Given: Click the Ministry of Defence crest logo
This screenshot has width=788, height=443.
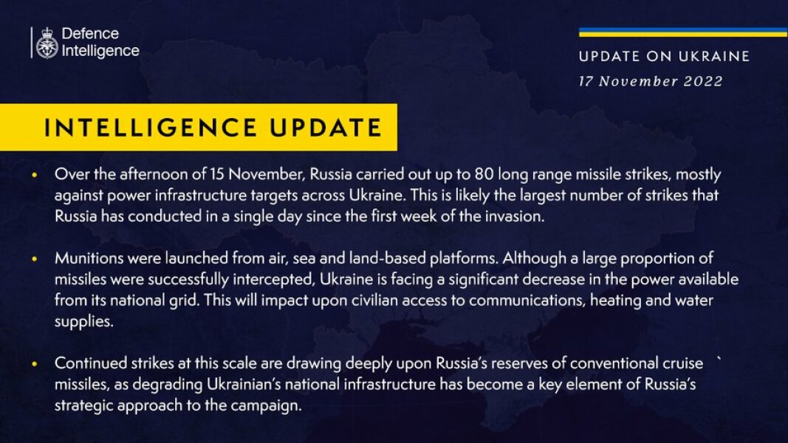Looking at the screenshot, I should pos(46,43).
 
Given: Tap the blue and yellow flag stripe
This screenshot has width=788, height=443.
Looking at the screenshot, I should pos(682,32).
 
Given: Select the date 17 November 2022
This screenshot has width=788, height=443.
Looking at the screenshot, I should pos(651,81).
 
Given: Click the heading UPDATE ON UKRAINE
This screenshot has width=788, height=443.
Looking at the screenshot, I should pos(664,57).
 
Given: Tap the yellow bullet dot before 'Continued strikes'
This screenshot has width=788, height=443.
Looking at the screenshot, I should pos(34,364).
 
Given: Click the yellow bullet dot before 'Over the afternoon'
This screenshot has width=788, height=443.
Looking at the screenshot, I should pos(34,176).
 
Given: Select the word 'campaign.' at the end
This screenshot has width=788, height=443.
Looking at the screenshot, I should pos(273,406).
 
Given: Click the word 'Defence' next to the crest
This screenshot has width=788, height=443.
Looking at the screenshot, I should pos(90,35).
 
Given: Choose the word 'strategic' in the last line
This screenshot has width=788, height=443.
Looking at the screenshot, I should pos(83,406).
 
